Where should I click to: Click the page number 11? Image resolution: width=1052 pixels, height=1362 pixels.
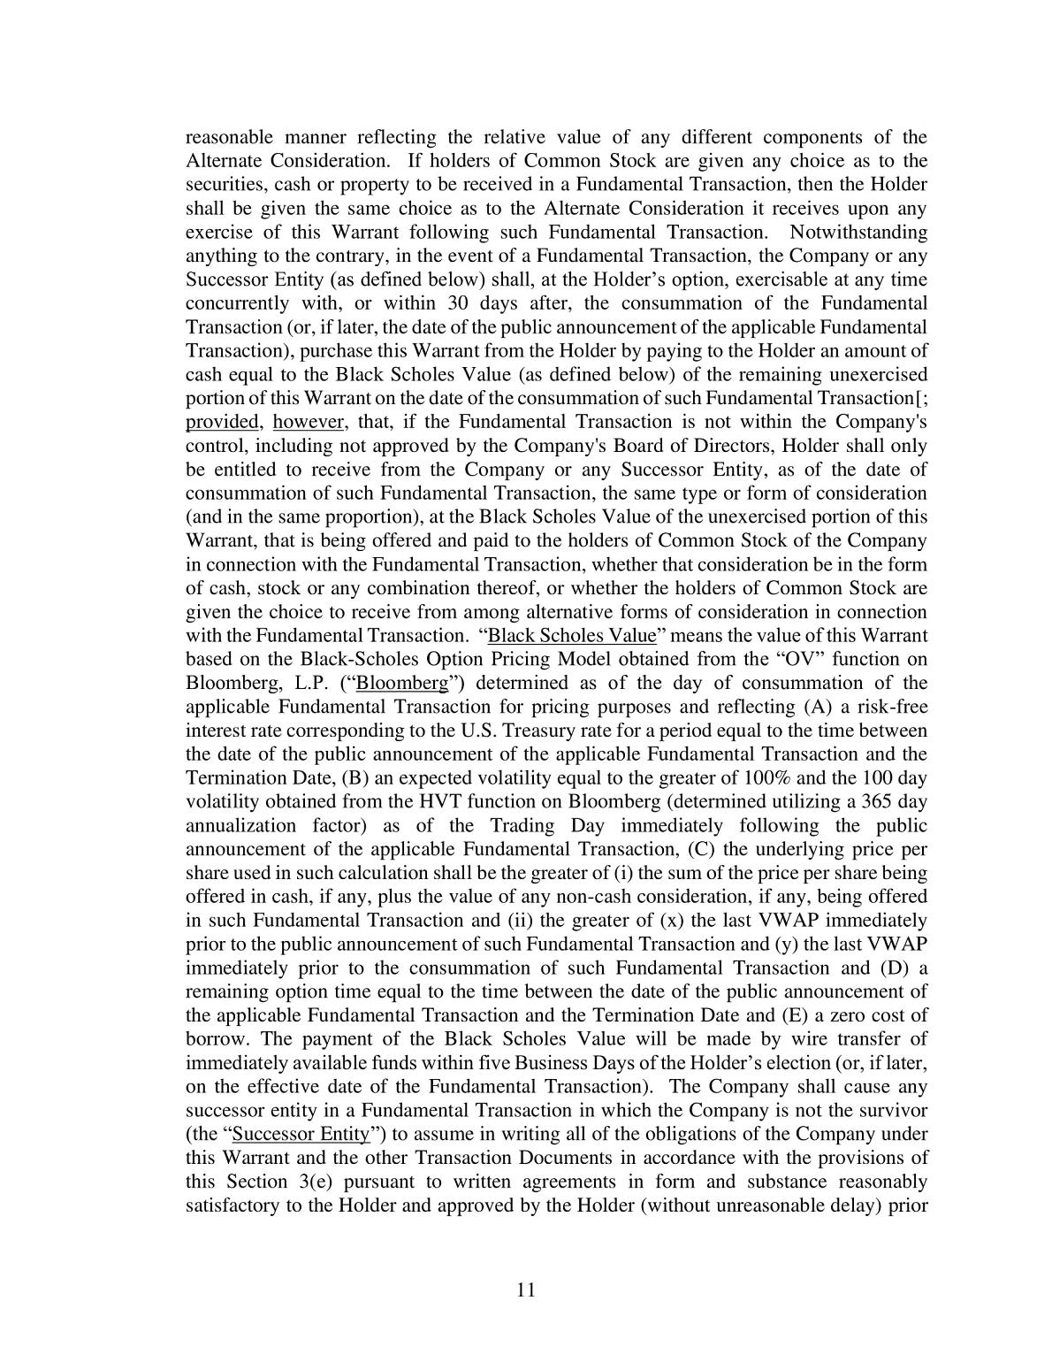tap(526, 1289)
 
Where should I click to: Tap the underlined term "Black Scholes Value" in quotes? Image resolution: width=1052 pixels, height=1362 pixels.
tap(572, 636)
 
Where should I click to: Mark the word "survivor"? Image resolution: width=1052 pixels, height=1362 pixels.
tap(892, 1111)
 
